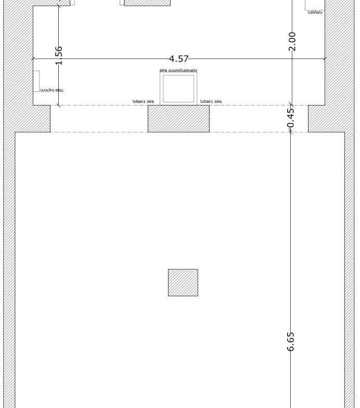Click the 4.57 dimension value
[178, 59]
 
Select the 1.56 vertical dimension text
[59, 55]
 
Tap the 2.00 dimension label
[292, 42]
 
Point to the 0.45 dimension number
[291, 117]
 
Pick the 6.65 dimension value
[290, 341]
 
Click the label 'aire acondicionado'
[178, 70]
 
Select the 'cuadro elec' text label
[52, 90]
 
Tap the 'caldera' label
[315, 12]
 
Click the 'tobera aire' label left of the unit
[143, 101]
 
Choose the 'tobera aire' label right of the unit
[211, 101]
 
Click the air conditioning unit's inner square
[178, 89]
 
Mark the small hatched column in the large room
[183, 283]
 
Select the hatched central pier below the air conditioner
[178, 119]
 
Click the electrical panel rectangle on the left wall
[36, 81]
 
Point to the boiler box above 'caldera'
[315, 5]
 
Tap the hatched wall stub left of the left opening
[42, 119]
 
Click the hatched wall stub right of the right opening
[317, 119]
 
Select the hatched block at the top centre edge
[147, 3]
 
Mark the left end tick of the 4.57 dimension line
[33, 59]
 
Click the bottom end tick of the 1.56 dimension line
[59, 106]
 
